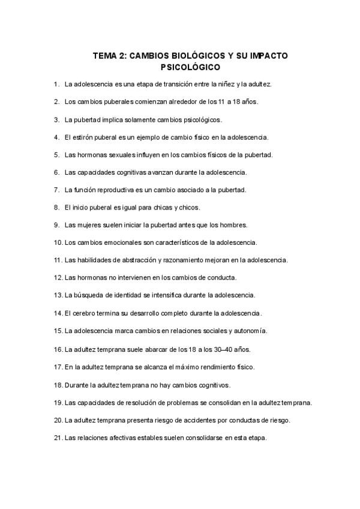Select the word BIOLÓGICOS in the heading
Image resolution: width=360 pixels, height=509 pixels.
point(187,55)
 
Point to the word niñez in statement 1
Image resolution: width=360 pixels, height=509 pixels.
point(232,85)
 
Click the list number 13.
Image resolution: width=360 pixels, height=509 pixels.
point(58,295)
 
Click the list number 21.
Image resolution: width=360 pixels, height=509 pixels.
point(58,438)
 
